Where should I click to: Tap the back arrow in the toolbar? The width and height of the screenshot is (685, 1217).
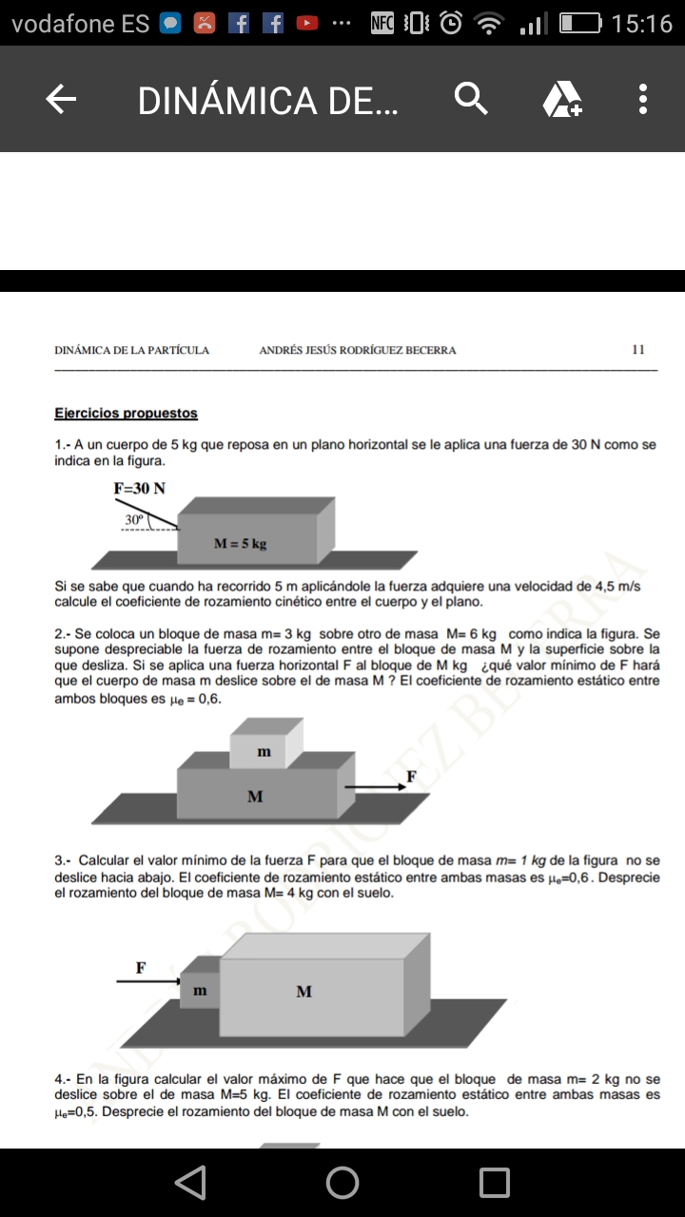tap(61, 99)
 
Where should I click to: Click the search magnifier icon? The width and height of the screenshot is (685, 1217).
tap(471, 99)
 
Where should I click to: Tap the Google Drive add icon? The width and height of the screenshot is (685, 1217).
tap(561, 99)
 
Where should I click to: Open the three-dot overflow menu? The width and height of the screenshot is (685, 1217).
tap(643, 99)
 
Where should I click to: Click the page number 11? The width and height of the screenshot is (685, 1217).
tap(638, 350)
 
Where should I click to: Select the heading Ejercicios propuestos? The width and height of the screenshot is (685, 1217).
tap(127, 414)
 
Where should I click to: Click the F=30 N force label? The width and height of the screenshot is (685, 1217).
tap(139, 489)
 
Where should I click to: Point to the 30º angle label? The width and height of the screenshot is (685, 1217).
tap(134, 520)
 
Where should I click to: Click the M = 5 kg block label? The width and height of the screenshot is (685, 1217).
tap(240, 544)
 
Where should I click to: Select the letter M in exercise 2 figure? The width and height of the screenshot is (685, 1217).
tap(255, 797)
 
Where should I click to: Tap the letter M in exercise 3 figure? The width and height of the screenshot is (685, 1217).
tap(303, 992)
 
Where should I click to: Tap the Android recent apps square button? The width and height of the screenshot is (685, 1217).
tap(495, 1182)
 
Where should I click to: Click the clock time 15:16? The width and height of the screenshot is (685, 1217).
tap(642, 24)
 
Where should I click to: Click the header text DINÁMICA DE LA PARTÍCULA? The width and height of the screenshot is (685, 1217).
tap(132, 350)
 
